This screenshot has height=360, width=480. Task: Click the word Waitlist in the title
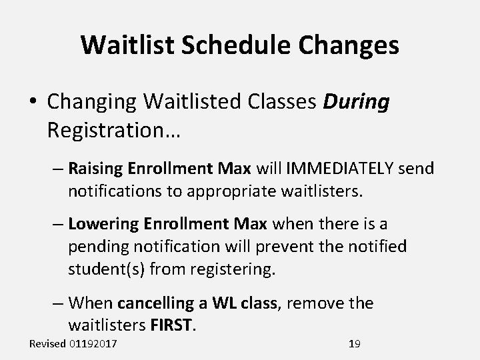click(x=125, y=45)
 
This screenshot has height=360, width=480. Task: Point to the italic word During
click(x=356, y=103)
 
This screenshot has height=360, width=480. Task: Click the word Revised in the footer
click(x=47, y=344)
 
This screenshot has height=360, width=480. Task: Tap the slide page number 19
click(x=354, y=344)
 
